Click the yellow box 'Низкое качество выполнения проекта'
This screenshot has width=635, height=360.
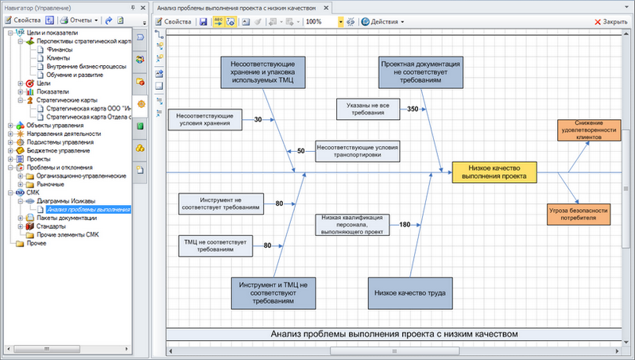pyautogui.click(x=494, y=172)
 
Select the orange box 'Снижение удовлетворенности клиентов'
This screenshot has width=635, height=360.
pyautogui.click(x=589, y=130)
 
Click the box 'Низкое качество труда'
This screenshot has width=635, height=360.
pyautogui.click(x=409, y=292)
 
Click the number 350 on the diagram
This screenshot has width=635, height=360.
pyautogui.click(x=412, y=108)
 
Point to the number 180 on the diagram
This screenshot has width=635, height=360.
pyautogui.click(x=405, y=225)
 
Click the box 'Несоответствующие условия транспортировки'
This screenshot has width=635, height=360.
pyautogui.click(x=357, y=151)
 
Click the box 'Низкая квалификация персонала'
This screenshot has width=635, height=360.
pyautogui.click(x=353, y=225)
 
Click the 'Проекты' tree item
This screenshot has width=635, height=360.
pyautogui.click(x=38, y=158)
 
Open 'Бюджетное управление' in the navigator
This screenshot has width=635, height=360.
pyautogui.click(x=59, y=149)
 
